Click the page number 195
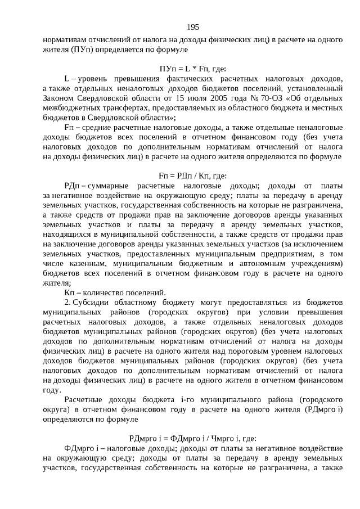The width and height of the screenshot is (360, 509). (193, 27)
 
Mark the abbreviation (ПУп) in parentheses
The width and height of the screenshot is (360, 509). (83, 50)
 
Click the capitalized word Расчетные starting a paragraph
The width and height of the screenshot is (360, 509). (84, 400)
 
